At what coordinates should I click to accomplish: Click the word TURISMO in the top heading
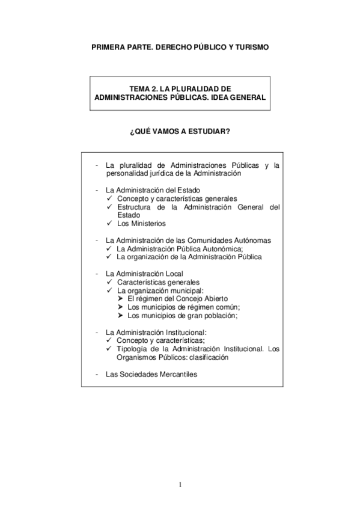coord(248,46)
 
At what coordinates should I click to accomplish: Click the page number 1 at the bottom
coord(180,485)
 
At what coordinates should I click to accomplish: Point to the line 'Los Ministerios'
coord(141,223)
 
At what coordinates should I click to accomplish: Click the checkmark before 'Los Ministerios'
coord(109,223)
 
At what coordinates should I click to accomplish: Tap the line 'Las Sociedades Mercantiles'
coord(151,373)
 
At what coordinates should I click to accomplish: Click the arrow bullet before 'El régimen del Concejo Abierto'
coord(121,298)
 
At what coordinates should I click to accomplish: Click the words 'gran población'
coord(213,315)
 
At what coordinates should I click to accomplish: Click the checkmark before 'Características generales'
coord(109,281)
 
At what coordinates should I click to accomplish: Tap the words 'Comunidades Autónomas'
coord(232,240)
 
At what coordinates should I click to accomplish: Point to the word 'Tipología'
coord(132,348)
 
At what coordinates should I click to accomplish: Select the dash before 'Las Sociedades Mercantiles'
coord(97,373)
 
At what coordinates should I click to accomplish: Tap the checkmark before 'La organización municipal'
coord(109,290)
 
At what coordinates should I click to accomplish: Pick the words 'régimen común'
coord(213,307)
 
